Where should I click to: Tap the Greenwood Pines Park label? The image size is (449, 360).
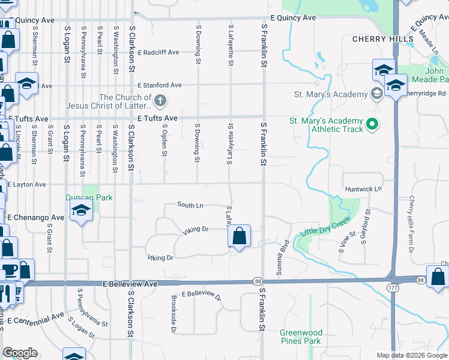(301, 337)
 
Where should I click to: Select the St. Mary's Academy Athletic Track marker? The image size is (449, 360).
(372, 125)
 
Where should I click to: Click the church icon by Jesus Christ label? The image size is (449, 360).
(160, 100)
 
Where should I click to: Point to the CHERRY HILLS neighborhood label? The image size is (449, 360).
(382, 39)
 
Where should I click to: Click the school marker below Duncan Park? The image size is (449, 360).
(80, 211)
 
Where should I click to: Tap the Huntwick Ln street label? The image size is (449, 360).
(363, 189)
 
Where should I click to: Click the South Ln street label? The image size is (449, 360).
(190, 205)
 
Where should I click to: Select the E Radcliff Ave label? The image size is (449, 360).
(158, 52)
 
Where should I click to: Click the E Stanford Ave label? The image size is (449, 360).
(159, 86)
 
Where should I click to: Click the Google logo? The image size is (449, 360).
(20, 353)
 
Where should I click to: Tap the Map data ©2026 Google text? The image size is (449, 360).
(411, 355)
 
